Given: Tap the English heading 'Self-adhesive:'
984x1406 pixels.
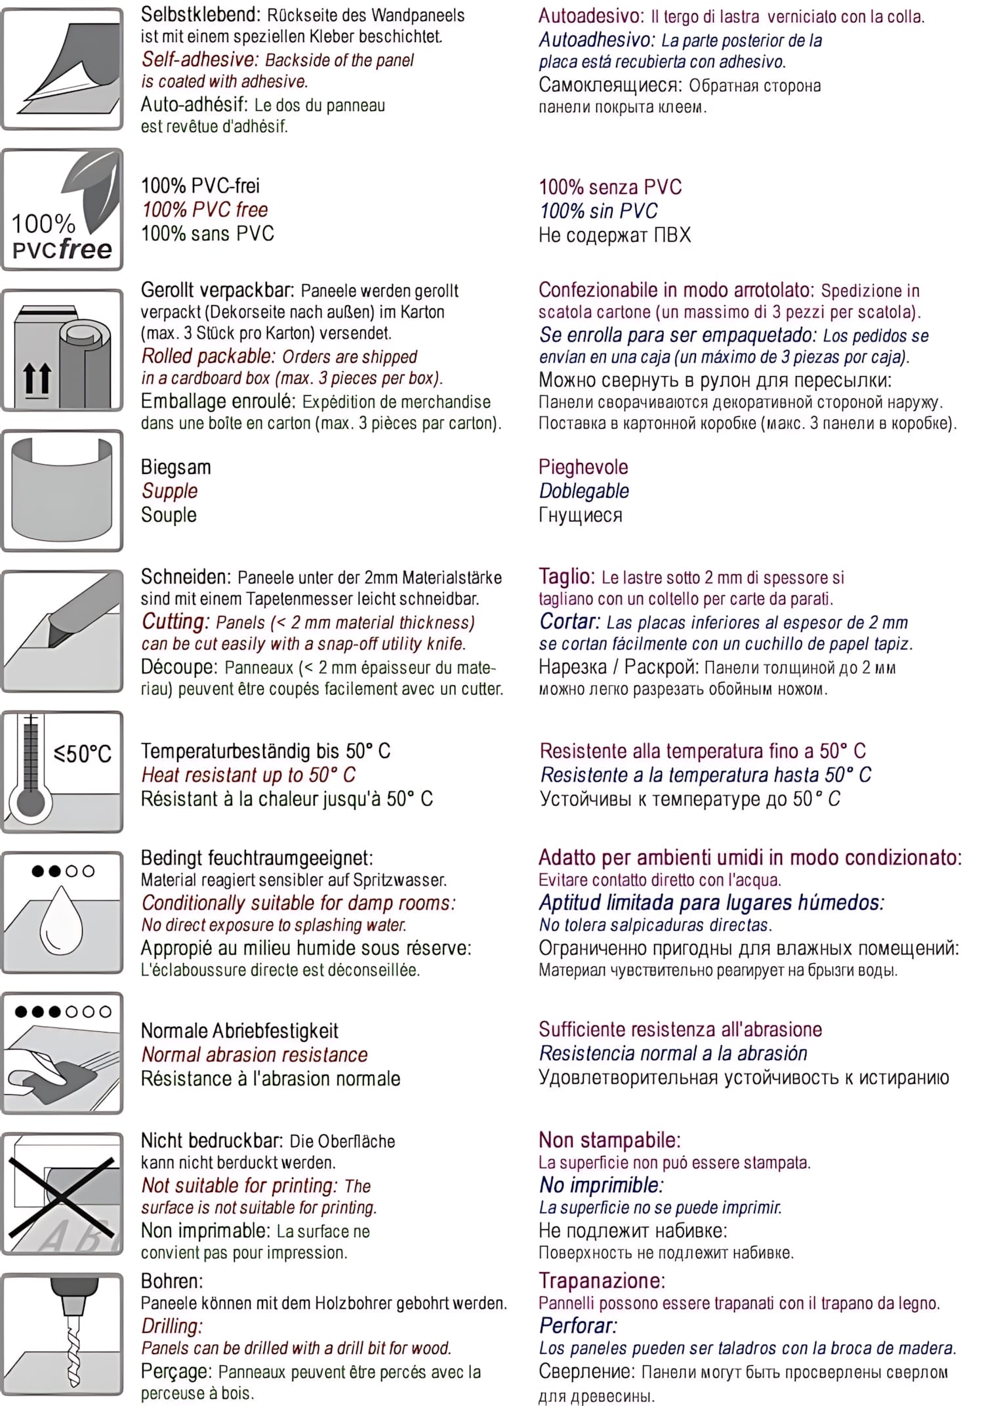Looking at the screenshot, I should click(201, 60).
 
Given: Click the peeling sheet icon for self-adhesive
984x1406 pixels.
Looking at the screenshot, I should click(62, 69).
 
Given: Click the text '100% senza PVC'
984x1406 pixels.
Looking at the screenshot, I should click(610, 187).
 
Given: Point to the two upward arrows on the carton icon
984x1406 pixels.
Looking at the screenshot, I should click(37, 379).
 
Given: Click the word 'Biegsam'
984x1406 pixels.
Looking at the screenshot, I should click(176, 467).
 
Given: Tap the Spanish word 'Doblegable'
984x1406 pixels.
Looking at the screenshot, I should click(584, 491).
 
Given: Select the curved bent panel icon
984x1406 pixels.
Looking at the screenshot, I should click(62, 490).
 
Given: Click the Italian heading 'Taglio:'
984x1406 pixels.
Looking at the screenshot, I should click(566, 576).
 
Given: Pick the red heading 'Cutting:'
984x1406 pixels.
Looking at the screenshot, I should click(175, 621).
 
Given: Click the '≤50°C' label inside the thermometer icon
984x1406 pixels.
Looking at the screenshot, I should click(83, 754).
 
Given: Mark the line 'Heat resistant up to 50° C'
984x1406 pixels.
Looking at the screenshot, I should click(249, 775).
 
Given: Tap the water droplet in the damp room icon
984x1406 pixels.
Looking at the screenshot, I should click(61, 919).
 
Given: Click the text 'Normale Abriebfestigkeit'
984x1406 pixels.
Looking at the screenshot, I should click(240, 1031).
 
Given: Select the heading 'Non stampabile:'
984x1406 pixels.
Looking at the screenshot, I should click(609, 1140).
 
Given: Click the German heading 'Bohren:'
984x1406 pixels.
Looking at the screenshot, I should click(172, 1281).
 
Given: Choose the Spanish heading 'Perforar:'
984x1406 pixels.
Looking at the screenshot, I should click(578, 1325).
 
